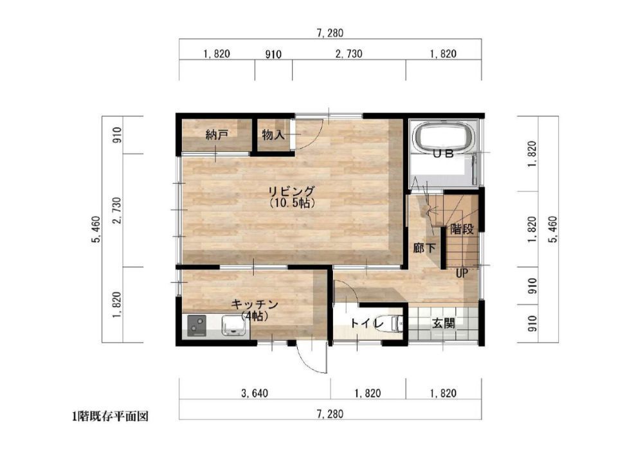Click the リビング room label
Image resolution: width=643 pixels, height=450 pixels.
coord(291,191)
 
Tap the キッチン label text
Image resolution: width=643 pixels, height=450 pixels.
coord(255,305)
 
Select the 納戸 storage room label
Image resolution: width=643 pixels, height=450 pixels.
coord(217,134)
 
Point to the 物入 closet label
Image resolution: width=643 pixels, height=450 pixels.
coord(273,134)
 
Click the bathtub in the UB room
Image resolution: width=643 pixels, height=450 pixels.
coord(444,136)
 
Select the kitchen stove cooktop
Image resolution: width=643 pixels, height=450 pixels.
coord(197,326)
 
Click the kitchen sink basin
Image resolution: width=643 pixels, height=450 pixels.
coord(235,326)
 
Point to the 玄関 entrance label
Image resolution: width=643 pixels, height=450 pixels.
coord(443,323)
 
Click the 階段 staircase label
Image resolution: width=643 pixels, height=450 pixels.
coord(462,229)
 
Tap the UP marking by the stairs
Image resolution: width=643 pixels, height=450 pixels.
coord(462,273)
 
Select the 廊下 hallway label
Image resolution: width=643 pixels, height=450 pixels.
coord(424,248)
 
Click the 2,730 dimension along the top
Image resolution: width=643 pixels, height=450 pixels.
coord(349,54)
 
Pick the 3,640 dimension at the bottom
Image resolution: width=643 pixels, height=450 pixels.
coord(255,393)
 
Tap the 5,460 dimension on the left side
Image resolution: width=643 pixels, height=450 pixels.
coord(96,229)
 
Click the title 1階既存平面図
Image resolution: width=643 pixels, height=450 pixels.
coord(110,417)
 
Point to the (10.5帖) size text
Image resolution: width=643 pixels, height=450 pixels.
coord(292,203)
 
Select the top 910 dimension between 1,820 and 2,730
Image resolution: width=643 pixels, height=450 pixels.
coord(273,54)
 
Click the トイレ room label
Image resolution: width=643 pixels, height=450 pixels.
coord(367,323)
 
